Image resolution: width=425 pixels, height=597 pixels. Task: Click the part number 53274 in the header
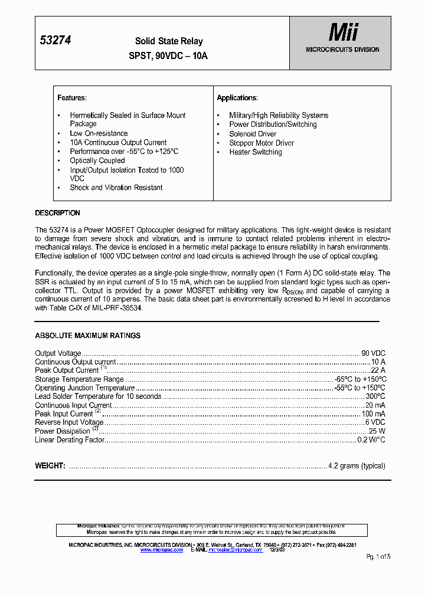coord(55,40)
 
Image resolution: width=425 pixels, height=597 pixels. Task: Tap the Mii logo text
coord(343,32)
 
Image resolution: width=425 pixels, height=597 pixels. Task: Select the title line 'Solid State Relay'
coord(169,41)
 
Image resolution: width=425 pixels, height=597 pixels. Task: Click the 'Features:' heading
coord(72,98)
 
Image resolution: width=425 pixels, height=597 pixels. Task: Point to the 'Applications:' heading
coord(237,98)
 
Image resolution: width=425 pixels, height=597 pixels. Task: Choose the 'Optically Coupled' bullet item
coord(97,160)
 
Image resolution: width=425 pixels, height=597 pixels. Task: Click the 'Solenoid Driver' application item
coord(253,134)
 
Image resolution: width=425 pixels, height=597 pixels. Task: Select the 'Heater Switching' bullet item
coord(256,152)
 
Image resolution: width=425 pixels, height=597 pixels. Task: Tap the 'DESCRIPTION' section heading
coord(57,213)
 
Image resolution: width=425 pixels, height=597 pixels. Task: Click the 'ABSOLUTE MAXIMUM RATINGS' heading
coord(87,336)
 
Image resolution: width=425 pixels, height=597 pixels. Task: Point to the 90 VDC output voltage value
coord(373,353)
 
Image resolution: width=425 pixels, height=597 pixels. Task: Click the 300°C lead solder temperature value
coord(375,396)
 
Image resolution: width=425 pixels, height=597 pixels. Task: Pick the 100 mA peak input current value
coord(374,414)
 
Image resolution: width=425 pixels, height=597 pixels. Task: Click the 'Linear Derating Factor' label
coord(70,440)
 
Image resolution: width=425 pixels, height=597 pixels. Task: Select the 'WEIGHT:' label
coord(50,466)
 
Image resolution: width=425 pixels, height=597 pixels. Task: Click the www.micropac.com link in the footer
coord(167,550)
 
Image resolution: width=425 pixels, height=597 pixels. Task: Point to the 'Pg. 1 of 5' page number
coord(378,557)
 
